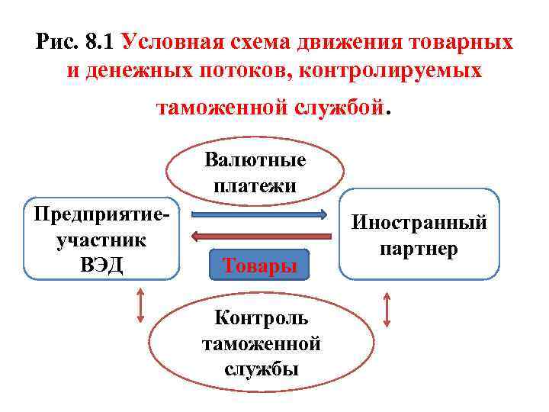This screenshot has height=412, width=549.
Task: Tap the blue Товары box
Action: click(260, 266)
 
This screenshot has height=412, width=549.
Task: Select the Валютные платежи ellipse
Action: click(255, 172)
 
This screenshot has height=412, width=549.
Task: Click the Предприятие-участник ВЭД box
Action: click(101, 239)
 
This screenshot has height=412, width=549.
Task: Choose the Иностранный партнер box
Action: click(419, 234)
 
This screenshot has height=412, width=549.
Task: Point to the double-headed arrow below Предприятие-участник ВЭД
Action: click(140, 305)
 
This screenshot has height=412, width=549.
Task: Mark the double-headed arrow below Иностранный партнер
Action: click(387, 310)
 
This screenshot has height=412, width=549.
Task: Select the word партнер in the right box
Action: click(419, 249)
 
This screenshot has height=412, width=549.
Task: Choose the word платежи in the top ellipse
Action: click(255, 185)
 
